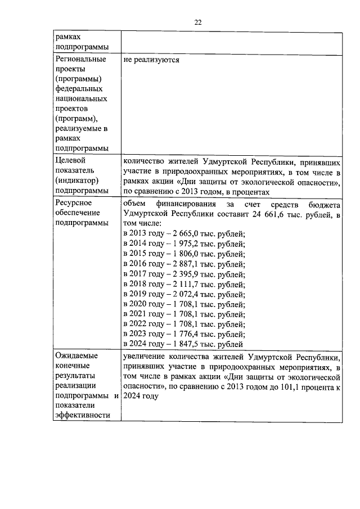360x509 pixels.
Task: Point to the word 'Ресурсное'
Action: pos(74,202)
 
